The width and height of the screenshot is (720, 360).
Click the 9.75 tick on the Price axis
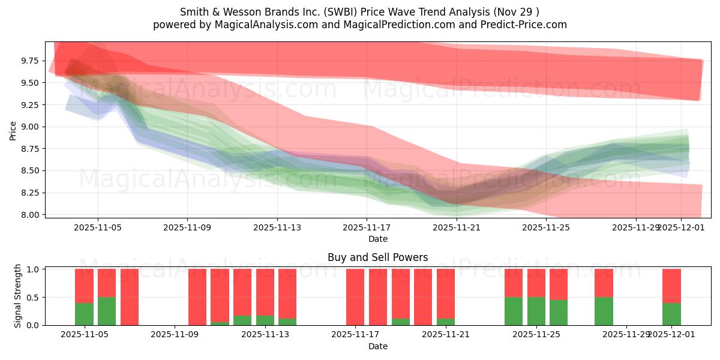[x=30, y=61]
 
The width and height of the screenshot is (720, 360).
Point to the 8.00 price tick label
[x=30, y=215]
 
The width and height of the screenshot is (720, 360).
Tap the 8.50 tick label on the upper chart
[x=30, y=170]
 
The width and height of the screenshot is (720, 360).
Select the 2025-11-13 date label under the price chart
[x=277, y=228]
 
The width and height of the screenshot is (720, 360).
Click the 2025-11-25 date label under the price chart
[x=546, y=228]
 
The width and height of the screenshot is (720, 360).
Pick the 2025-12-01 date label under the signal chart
[x=671, y=335]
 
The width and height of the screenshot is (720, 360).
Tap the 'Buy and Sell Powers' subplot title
[x=377, y=257]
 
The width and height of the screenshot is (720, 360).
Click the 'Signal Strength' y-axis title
[x=18, y=296]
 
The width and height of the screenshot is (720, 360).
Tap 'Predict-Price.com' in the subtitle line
[x=521, y=25]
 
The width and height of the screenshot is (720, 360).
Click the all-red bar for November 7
[x=130, y=297]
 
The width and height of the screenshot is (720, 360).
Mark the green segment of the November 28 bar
[x=604, y=311]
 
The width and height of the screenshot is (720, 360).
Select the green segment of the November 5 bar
[x=84, y=314]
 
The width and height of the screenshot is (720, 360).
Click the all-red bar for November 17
[x=355, y=297]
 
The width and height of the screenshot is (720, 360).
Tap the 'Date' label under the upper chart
[x=377, y=239]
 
